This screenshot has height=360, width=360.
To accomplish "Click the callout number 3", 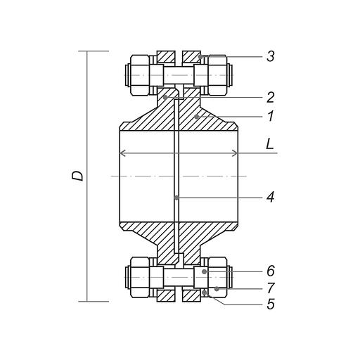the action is (271, 56).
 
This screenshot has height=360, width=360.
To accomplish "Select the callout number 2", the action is (271, 97).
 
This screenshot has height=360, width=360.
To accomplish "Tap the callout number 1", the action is (271, 116).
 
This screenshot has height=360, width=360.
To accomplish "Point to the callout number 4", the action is (270, 197).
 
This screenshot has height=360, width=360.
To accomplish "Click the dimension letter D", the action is (77, 176).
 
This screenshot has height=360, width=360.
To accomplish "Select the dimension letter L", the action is (270, 144).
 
